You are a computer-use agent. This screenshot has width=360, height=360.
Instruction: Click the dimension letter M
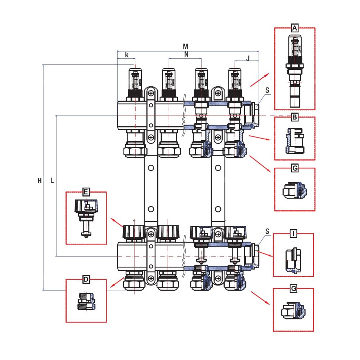point(185,46)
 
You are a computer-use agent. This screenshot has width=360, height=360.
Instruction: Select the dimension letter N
point(186,54)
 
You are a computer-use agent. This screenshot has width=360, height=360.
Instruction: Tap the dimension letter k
point(126,55)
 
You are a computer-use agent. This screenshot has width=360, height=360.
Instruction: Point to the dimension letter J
point(248,58)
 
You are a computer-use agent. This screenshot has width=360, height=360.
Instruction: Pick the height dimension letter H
point(40,181)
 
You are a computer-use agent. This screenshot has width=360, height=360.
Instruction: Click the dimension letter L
point(52,181)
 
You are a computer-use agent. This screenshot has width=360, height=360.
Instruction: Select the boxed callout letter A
point(295,28)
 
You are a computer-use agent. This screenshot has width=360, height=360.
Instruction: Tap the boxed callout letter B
point(294,117)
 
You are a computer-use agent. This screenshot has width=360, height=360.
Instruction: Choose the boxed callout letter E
point(86,192)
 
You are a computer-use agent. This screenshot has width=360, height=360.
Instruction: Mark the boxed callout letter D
point(86,279)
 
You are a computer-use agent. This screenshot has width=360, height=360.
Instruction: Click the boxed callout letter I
point(293,234)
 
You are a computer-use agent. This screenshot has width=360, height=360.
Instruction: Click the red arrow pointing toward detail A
point(260,80)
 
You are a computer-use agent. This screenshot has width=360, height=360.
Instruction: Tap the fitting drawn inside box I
point(293,260)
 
